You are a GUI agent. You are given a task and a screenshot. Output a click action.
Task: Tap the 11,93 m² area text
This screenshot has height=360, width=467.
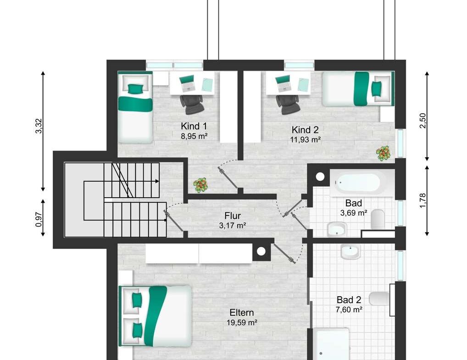point(305,140)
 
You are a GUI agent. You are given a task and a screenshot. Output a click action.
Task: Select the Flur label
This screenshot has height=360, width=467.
point(233,216)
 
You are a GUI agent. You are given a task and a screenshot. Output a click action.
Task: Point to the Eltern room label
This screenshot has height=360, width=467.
point(242,313)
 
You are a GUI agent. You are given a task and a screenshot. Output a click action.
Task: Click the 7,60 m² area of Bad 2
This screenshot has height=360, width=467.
point(349,310)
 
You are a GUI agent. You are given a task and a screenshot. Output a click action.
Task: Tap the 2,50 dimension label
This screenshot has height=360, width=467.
point(423,121)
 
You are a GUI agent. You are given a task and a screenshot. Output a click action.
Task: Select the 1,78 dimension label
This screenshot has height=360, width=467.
point(423,200)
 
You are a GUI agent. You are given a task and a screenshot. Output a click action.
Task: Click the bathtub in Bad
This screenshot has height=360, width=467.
point(357,183)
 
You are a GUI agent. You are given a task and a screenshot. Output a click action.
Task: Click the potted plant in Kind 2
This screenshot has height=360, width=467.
point(383,153)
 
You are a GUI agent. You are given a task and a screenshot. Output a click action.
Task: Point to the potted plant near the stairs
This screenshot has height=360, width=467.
point(201,185)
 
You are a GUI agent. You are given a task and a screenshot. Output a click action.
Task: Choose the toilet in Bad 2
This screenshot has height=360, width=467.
point(379,299)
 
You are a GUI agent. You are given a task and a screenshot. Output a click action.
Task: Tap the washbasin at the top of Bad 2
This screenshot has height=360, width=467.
point(350,251)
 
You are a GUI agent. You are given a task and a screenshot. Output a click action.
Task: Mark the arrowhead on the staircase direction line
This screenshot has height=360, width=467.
point(157,181)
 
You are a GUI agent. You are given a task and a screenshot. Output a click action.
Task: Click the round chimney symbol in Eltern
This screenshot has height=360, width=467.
point(261,251)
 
